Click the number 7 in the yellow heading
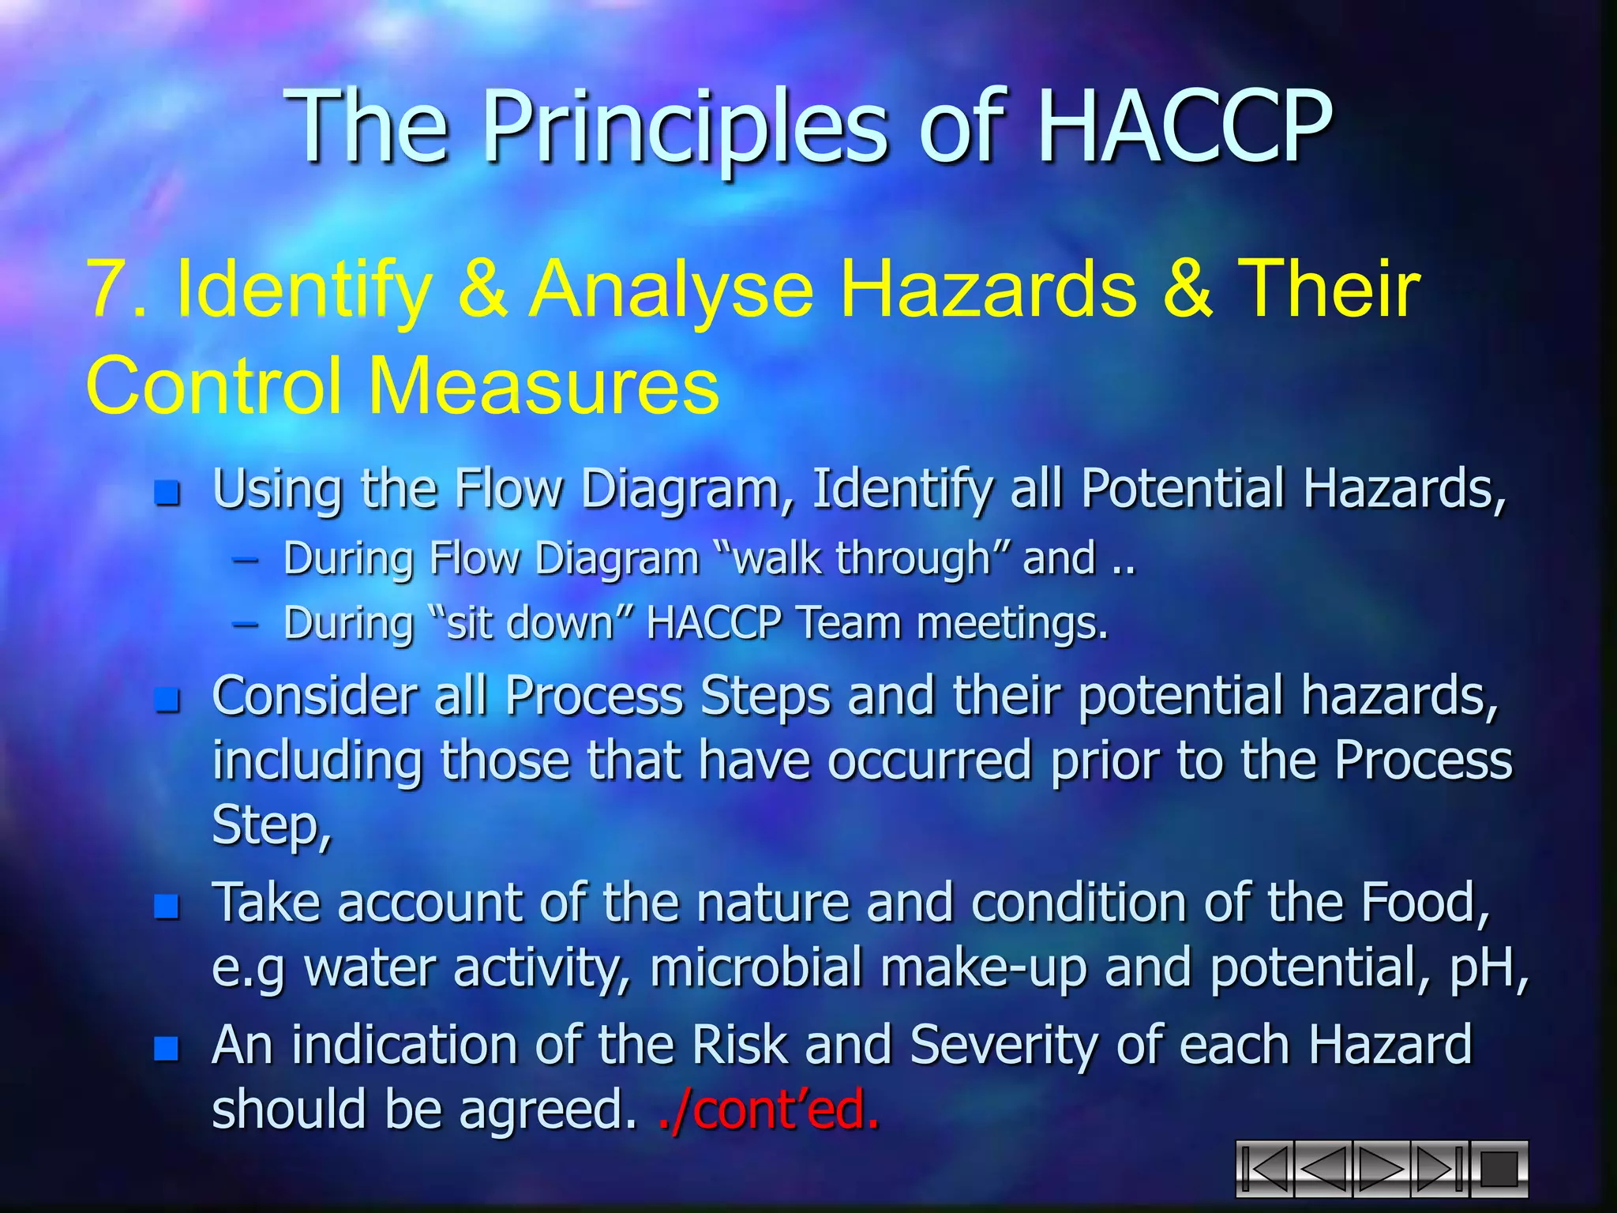pyautogui.click(x=106, y=289)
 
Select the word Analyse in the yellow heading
pyautogui.click(x=671, y=291)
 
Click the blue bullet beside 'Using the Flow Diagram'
pyautogui.click(x=167, y=494)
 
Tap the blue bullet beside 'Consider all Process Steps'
pyautogui.click(x=167, y=699)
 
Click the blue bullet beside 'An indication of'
pyautogui.click(x=167, y=1048)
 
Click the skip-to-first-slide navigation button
pyautogui.click(x=1264, y=1169)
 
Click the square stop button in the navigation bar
pyautogui.click(x=1499, y=1169)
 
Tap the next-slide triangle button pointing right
pyautogui.click(x=1382, y=1169)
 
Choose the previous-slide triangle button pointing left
pyautogui.click(x=1322, y=1169)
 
